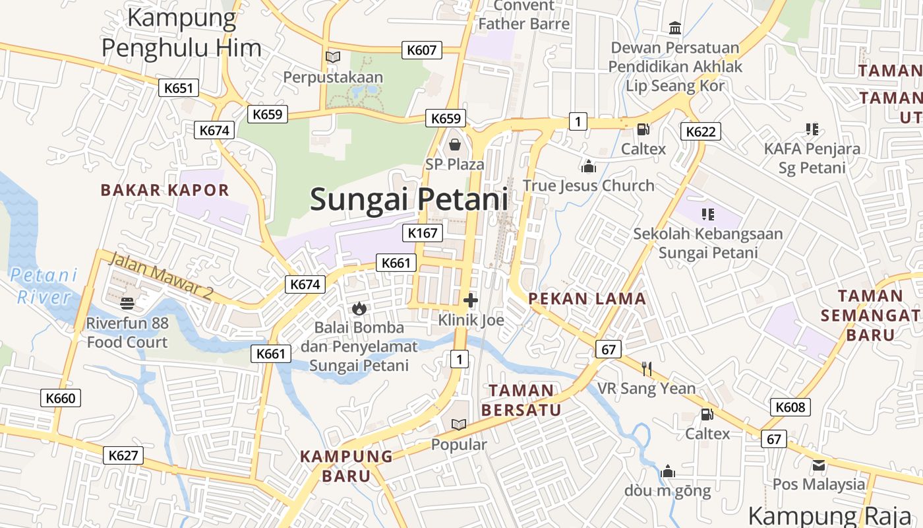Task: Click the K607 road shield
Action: click(x=422, y=49)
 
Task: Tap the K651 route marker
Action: click(x=179, y=88)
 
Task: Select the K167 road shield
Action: click(x=423, y=232)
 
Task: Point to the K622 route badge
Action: click(x=700, y=131)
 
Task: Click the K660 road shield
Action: click(x=61, y=398)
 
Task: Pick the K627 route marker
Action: click(x=123, y=455)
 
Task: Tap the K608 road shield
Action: click(x=790, y=407)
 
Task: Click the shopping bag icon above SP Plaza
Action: click(x=455, y=145)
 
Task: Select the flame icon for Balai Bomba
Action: click(x=359, y=308)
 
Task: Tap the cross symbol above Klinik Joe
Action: click(x=471, y=301)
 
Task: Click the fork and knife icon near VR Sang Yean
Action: click(x=647, y=368)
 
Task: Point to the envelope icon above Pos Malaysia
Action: click(x=819, y=465)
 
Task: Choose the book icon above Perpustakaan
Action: click(x=333, y=57)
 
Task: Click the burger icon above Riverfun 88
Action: click(x=127, y=304)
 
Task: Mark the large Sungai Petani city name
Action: click(x=409, y=199)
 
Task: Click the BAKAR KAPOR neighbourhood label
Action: click(x=165, y=190)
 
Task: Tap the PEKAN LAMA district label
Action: click(x=587, y=298)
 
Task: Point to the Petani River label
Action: click(x=44, y=285)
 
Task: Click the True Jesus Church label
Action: click(x=589, y=185)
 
